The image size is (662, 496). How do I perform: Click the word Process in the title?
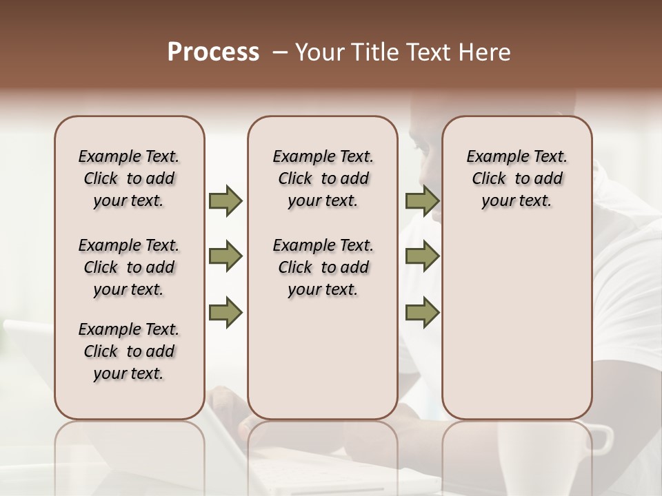[x=213, y=52]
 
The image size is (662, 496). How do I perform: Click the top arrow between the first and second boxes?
[x=225, y=201]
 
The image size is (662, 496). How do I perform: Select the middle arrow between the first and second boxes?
[x=225, y=257]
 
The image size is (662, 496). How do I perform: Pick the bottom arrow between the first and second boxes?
[x=225, y=312]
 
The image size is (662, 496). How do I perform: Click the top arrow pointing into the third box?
[x=422, y=201]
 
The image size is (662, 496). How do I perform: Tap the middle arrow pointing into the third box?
[x=422, y=257]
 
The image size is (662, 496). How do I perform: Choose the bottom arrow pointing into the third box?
[x=422, y=312]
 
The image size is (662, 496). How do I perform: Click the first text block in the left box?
[x=129, y=178]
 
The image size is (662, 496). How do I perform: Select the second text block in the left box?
[x=129, y=267]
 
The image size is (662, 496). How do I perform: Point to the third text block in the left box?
[x=129, y=351]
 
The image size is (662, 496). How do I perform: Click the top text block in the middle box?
[x=323, y=178]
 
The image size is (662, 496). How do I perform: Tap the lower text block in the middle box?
[x=323, y=267]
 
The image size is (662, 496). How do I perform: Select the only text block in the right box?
[x=516, y=178]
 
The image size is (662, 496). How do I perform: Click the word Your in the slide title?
[x=318, y=52]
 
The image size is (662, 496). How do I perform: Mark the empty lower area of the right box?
[x=516, y=324]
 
